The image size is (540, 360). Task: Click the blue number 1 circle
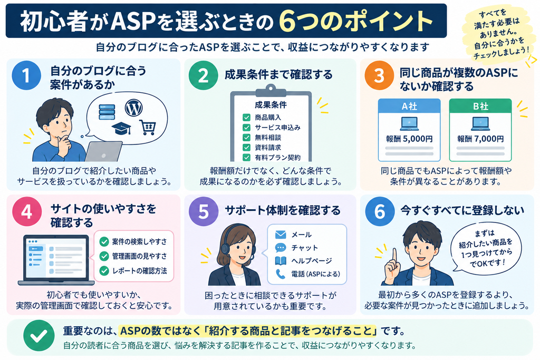[26, 75]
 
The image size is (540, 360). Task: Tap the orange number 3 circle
[379, 75]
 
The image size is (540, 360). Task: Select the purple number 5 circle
[204, 211]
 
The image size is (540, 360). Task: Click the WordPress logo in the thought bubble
[133, 108]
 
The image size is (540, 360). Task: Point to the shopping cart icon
[148, 128]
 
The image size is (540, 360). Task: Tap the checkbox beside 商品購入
[247, 118]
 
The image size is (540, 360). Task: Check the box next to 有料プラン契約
[247, 158]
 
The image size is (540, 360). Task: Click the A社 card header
[409, 106]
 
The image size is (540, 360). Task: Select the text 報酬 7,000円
[480, 139]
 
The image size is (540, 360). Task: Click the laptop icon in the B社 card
[480, 123]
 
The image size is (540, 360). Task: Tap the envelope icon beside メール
[281, 235]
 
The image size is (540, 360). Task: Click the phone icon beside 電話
[281, 274]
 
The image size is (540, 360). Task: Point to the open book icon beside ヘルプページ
[281, 261]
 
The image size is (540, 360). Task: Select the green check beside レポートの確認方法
[104, 271]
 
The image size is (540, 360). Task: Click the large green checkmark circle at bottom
[39, 336]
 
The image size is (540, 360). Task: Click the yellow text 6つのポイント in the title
[356, 21]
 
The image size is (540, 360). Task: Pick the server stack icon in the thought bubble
[107, 112]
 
